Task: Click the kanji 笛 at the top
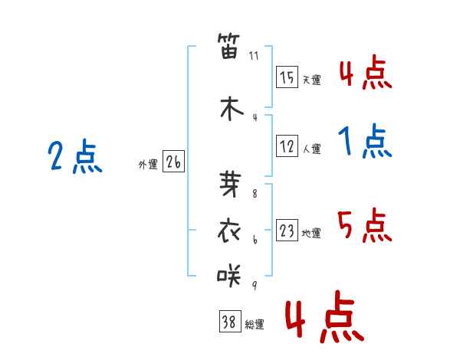coord(230,47)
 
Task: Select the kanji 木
coord(230,108)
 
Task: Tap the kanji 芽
coord(230,184)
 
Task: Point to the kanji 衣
coord(230,230)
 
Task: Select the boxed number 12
coord(287,146)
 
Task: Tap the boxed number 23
coord(287,231)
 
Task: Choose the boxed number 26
coord(173,162)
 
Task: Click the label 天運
coord(310,80)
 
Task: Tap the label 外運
coord(148,165)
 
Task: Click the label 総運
coord(255,325)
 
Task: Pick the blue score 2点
coord(75,158)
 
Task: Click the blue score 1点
coord(365,142)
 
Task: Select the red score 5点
coord(365,225)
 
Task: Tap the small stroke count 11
coord(255,56)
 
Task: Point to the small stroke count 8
coord(255,194)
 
